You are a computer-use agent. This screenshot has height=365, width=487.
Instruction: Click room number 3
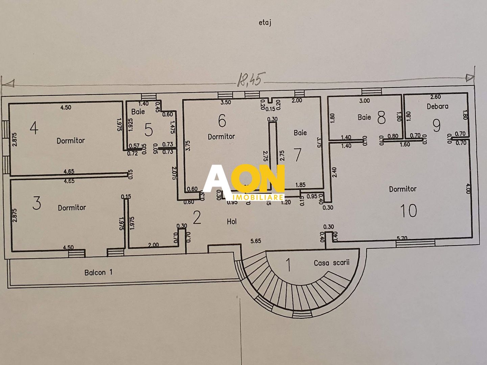pyautogui.click(x=37, y=203)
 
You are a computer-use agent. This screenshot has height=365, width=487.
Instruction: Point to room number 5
pyautogui.click(x=148, y=130)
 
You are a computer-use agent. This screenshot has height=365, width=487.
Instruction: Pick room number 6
pyautogui.click(x=222, y=121)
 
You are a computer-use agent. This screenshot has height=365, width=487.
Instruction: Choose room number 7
pyautogui.click(x=297, y=154)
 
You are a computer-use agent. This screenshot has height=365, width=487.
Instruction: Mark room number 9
pyautogui.click(x=437, y=125)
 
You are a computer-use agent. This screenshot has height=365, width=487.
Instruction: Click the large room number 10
pyautogui.click(x=408, y=211)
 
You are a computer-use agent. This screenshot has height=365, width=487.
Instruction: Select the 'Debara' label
pyautogui.click(x=437, y=106)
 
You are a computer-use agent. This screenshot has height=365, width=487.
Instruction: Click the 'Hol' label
pyautogui.click(x=232, y=222)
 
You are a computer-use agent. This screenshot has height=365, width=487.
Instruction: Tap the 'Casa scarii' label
pyautogui.click(x=331, y=263)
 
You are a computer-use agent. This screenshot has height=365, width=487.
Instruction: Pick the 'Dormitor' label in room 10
pyautogui.click(x=402, y=189)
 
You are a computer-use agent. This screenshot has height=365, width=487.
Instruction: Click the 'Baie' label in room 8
pyautogui.click(x=364, y=117)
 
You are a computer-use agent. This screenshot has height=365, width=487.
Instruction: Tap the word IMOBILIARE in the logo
pyautogui.click(x=258, y=197)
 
